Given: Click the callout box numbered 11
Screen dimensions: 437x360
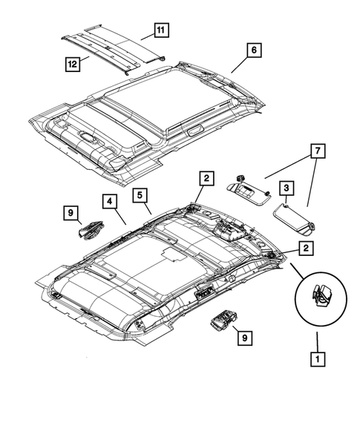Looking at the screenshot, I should (160, 30).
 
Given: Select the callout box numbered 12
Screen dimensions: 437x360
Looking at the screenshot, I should (73, 65).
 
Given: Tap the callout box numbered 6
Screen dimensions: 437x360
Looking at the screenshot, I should (253, 50).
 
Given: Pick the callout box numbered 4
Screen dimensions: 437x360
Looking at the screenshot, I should (108, 201).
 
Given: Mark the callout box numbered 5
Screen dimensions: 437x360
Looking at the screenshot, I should (140, 196).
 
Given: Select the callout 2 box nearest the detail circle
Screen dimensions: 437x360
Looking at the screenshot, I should (305, 249).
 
